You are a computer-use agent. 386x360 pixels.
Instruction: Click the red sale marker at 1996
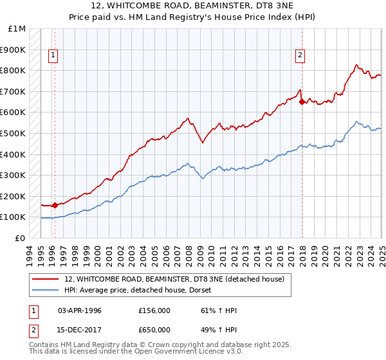pyautogui.click(x=55, y=206)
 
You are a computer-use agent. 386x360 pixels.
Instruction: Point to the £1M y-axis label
pyautogui.click(x=17, y=29)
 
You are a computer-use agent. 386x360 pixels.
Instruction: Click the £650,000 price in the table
pyautogui.click(x=154, y=329)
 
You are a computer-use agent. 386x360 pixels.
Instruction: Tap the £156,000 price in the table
pyautogui.click(x=154, y=310)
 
